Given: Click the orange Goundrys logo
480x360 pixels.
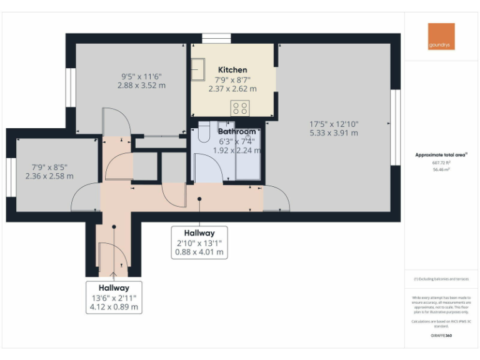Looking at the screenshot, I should pos(441,36).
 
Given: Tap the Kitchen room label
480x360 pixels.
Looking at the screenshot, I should pos(232,70).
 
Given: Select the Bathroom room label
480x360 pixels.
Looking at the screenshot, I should pos(236,132).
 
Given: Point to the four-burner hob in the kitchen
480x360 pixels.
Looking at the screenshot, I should pos(240,107).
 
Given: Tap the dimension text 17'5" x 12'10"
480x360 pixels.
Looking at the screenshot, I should pos(334,124).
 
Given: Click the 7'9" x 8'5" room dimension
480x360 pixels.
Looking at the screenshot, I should pos(49,167).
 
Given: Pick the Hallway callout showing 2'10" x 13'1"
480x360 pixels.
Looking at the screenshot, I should pos(199,242).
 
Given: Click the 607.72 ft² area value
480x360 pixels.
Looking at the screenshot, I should pos(441,162).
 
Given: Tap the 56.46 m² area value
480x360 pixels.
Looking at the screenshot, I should pos(441,169).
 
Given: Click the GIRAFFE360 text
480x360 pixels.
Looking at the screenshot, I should pos(441,336).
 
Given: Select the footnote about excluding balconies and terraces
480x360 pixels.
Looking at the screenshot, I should pos(441,279).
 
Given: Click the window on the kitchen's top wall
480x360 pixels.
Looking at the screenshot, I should pos(216,38).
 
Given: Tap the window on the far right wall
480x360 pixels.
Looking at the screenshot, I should pos(395,127).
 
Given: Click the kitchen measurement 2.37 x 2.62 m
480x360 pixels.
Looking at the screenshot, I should pos(232,89).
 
